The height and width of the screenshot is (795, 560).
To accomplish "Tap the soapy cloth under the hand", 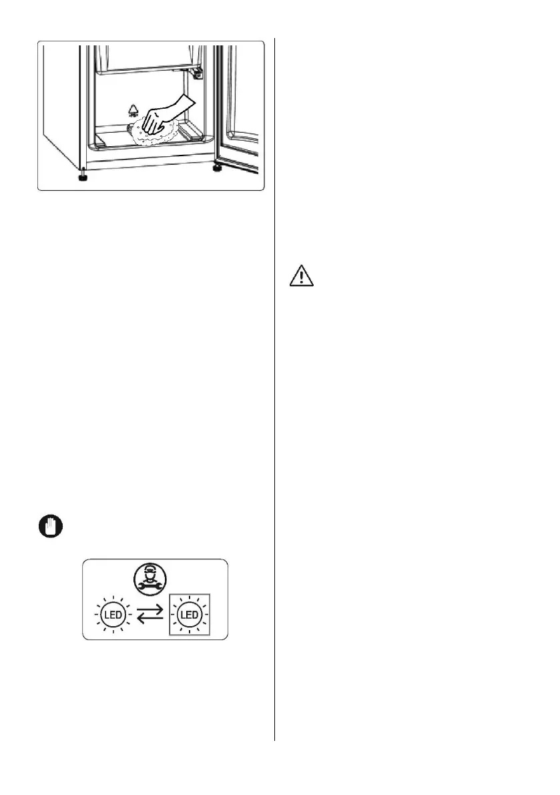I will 153,134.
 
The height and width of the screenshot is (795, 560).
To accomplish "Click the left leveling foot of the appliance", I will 81,177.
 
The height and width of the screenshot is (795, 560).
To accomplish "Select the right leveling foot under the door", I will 218,168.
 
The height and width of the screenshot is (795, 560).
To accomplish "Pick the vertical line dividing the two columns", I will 274,387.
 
